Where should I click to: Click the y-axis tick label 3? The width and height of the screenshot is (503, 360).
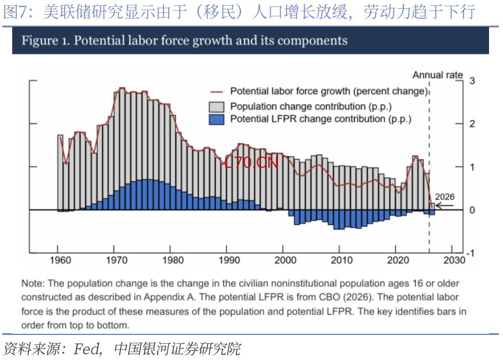472,80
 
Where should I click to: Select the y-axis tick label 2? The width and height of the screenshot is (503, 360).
472,123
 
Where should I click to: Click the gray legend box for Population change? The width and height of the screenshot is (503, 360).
217,107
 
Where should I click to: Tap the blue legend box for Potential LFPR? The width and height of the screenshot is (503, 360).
217,119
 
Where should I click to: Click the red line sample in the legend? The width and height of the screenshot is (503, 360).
217,91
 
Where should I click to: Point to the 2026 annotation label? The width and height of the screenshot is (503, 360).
445,197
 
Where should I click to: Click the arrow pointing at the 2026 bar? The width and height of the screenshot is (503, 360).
445,206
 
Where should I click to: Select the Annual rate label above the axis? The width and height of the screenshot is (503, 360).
438,75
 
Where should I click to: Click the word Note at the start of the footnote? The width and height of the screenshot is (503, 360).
33,284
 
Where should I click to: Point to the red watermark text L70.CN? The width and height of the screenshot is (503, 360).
251,163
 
